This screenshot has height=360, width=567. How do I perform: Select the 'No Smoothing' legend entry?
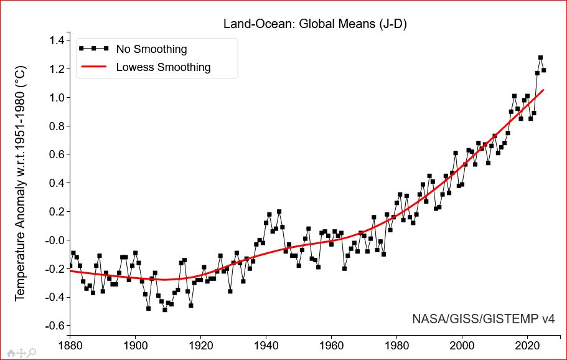click(x=151, y=49)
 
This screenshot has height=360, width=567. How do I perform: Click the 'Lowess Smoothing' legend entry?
click(x=163, y=67)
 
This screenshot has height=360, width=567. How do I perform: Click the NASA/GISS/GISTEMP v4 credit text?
click(x=483, y=319)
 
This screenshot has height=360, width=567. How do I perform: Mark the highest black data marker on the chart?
click(x=540, y=58)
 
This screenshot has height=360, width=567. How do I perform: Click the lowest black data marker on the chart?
click(x=164, y=310)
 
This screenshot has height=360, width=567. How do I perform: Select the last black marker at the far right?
click(x=544, y=70)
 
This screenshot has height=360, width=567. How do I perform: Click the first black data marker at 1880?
click(x=70, y=265)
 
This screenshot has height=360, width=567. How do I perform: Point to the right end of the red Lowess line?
click(x=543, y=90)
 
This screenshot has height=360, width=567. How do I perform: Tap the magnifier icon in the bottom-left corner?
click(x=32, y=353)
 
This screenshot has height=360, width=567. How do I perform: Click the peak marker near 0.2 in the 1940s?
click(x=279, y=212)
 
